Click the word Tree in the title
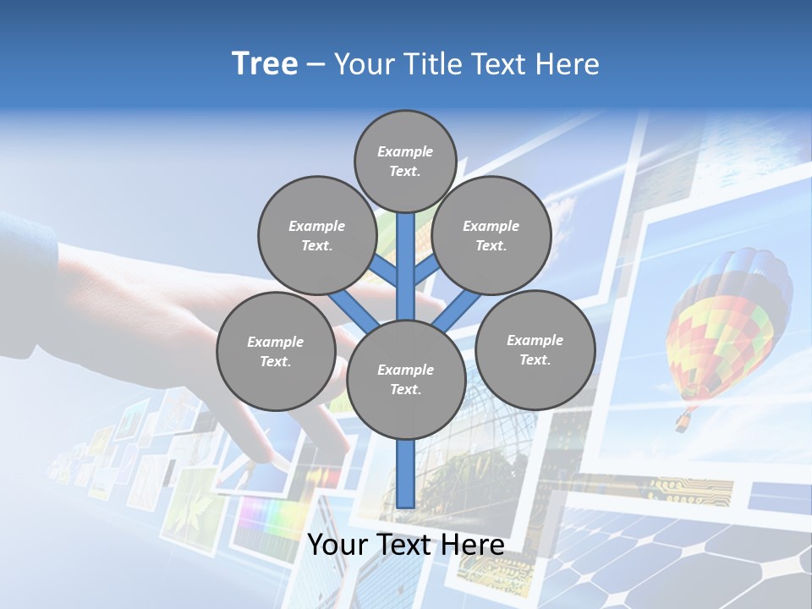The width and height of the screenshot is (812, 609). pos(265,64)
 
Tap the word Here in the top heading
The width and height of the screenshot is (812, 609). pos(567,64)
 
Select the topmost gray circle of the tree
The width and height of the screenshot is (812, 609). pos(405,161)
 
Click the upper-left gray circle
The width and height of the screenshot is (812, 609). pos(317,235)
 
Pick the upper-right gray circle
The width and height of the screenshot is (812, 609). pos(491,235)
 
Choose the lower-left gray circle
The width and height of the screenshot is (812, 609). pos(276,351)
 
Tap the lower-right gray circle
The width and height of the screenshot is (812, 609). pos(535,349)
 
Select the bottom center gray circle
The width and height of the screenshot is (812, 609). pos(406,379)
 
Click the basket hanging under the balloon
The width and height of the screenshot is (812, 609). pos(681,421)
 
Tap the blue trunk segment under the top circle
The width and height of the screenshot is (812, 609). pos(406,254)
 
